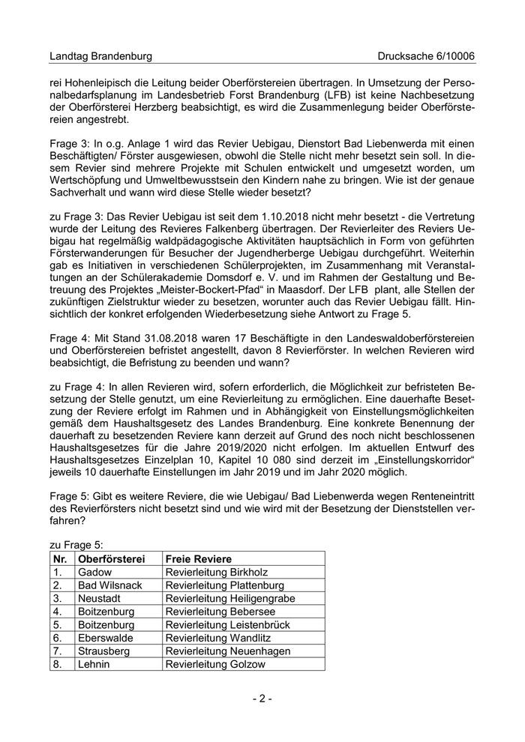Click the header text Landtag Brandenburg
[x=100, y=56]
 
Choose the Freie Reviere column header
[x=199, y=558]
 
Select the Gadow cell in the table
[x=94, y=572]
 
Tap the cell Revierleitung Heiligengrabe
[x=230, y=598]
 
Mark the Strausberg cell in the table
[x=103, y=651]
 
